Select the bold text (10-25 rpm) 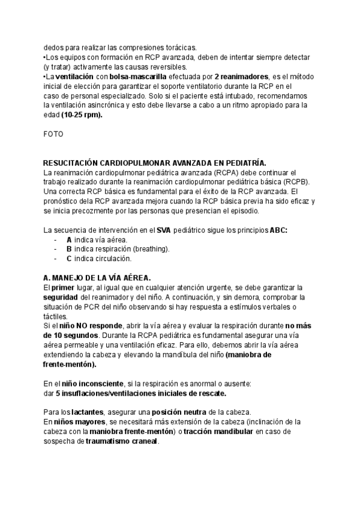(x=82, y=116)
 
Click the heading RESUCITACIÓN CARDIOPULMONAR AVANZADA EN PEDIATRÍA (x=155, y=163)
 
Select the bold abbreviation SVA (x=164, y=230)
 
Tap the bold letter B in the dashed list (x=69, y=249)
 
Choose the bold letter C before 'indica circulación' (x=69, y=259)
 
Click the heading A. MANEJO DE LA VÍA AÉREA (x=97, y=278)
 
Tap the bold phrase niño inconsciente (x=92, y=383)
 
